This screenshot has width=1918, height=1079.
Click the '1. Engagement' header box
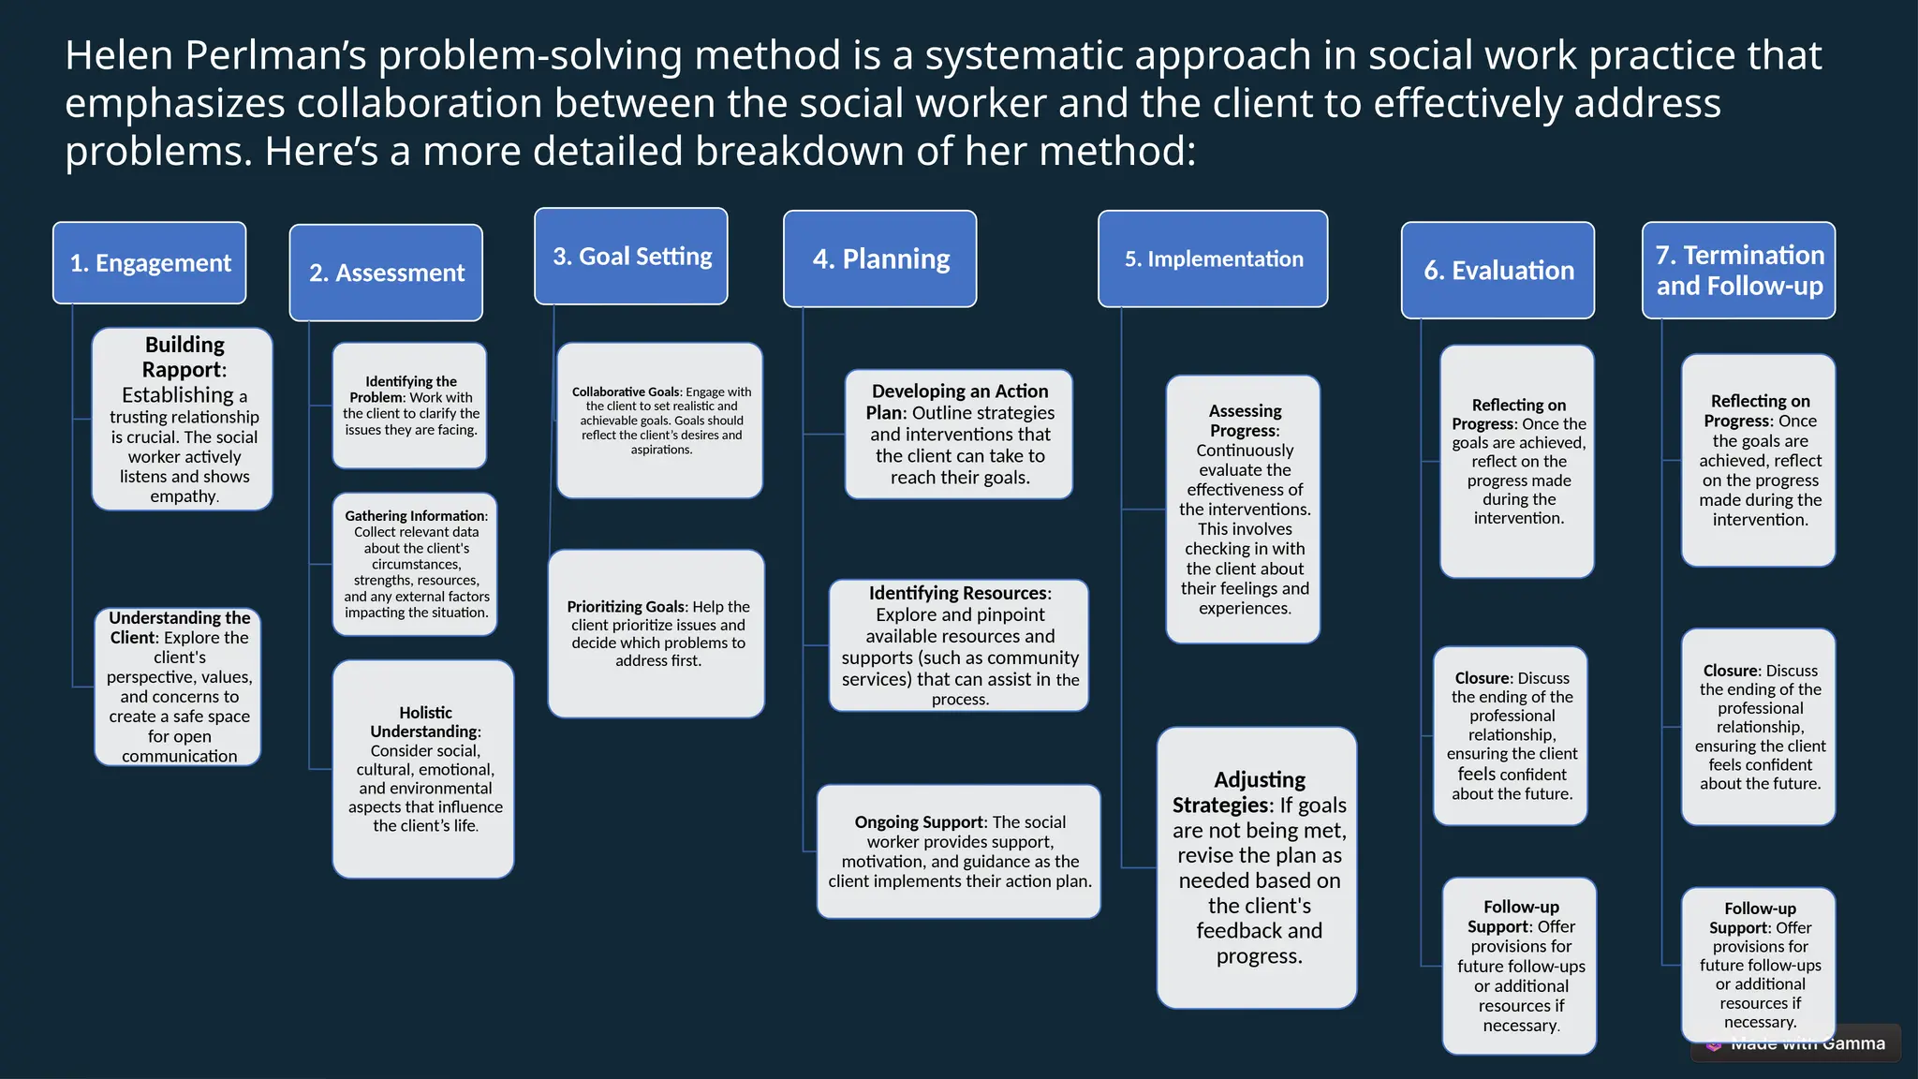click(x=150, y=263)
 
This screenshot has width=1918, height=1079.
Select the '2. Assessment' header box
click(x=386, y=273)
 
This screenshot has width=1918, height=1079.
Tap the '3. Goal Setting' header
click(x=631, y=257)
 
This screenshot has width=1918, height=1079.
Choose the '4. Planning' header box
click(x=880, y=259)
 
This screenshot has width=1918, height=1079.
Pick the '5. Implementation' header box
click(x=1213, y=259)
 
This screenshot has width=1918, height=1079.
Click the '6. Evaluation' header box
click(x=1498, y=271)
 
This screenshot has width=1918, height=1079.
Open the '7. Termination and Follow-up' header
click(x=1739, y=271)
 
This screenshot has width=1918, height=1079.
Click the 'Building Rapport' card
click(x=183, y=419)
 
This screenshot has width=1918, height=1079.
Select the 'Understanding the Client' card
click(x=178, y=687)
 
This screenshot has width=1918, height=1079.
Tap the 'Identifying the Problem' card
click(x=410, y=406)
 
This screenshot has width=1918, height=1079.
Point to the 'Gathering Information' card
click(x=415, y=564)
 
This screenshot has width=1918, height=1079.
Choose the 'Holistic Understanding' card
click(x=423, y=769)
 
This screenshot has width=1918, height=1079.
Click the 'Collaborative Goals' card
click(x=660, y=421)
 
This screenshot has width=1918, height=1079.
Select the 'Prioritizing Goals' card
click(x=657, y=633)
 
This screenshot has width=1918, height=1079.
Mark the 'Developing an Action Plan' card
click(x=959, y=434)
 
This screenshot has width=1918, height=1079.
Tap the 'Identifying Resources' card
click(x=959, y=645)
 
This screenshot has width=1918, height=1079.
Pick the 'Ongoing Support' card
click(x=959, y=851)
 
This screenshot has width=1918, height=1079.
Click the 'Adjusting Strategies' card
click(x=1257, y=867)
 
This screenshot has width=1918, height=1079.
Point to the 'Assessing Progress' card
click(x=1244, y=510)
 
